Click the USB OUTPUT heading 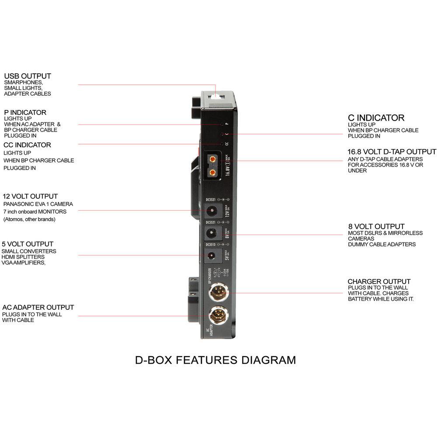click(x=28, y=76)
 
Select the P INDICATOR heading click(x=25, y=112)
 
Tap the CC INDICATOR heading click(x=27, y=145)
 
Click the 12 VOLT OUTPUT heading click(x=30, y=196)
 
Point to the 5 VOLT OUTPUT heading click(x=28, y=244)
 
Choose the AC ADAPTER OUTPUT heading click(x=38, y=307)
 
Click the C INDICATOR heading click(x=376, y=118)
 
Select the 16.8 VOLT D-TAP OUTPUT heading click(x=392, y=152)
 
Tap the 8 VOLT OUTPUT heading click(x=376, y=226)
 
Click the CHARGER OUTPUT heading click(x=379, y=281)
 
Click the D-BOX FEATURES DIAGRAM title click(x=215, y=360)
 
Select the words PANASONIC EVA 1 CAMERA click(x=38, y=204)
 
